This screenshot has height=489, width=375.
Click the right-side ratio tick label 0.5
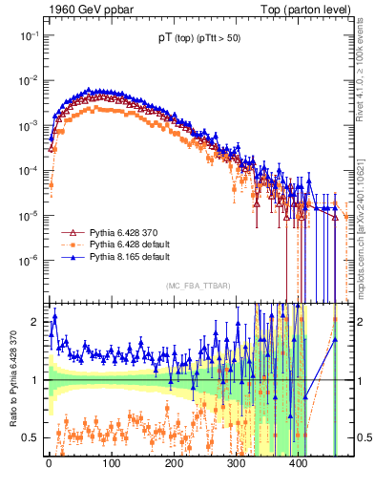point(364,437)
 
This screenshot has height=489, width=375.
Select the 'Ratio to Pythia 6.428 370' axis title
point(10,381)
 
